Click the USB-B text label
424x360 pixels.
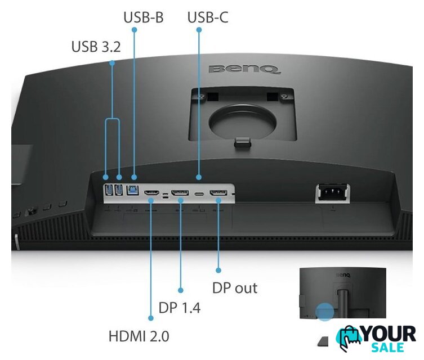click(x=144, y=17)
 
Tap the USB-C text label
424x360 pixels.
click(x=208, y=17)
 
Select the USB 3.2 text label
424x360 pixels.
click(x=96, y=47)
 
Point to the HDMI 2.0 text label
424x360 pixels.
click(x=139, y=336)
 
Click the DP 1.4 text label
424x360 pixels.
click(x=180, y=308)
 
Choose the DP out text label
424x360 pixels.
click(x=235, y=288)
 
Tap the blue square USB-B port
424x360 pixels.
click(x=132, y=190)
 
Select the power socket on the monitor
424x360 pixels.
click(x=333, y=192)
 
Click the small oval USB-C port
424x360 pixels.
click(x=199, y=194)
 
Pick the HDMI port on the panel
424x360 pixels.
click(x=151, y=193)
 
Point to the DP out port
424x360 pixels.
click(x=218, y=193)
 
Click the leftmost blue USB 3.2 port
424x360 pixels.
click(x=108, y=190)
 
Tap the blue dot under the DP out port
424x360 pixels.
click(x=218, y=270)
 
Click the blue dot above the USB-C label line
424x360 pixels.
click(x=199, y=30)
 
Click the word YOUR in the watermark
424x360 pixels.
click(x=388, y=334)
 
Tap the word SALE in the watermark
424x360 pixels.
click(x=388, y=348)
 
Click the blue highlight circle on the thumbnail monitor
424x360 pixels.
click(x=324, y=312)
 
